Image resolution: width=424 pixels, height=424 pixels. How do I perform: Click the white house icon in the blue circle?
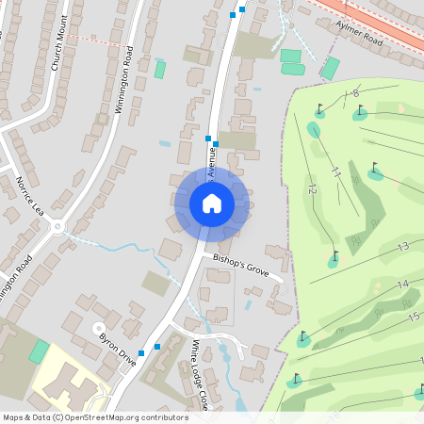point(212,203)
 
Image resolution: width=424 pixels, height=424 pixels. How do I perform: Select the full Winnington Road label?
point(123,79)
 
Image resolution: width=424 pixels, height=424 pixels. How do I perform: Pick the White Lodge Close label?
point(201,373)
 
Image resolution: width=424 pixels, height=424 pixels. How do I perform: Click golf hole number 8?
point(355,93)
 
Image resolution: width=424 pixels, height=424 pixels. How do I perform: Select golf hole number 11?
point(335,172)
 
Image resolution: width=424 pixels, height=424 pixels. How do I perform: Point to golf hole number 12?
point(312,188)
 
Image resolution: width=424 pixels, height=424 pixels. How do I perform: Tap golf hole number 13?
point(402,247)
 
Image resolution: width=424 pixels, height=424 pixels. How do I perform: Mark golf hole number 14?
point(402,284)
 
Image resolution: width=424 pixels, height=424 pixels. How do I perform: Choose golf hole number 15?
point(412,317)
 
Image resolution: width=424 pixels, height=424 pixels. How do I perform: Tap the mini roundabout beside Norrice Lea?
point(58,226)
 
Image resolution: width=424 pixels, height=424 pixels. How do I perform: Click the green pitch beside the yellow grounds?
point(39,351)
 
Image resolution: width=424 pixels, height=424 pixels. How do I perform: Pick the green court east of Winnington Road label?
point(160,69)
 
